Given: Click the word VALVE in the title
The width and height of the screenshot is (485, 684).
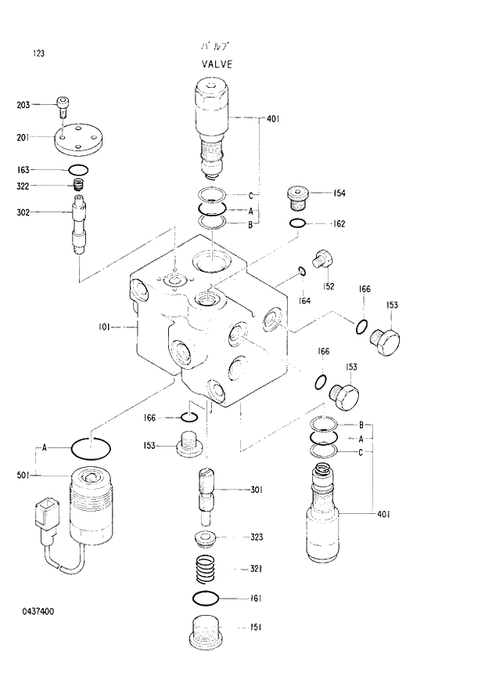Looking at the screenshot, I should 217,64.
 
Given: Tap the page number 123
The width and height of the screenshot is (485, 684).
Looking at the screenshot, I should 38,54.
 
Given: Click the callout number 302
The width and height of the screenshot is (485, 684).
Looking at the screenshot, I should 23,212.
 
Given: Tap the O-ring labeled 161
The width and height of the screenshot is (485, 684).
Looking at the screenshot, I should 206,599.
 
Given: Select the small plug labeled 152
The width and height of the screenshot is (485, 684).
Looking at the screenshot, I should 322,259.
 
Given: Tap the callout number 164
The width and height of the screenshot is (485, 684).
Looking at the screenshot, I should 304,301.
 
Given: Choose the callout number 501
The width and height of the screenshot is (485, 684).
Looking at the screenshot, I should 23,476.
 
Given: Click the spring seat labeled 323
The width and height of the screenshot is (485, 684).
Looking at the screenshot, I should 206,539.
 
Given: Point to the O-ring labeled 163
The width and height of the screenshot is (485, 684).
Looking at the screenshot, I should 78,170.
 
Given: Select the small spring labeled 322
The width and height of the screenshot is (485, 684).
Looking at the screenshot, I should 78,186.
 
